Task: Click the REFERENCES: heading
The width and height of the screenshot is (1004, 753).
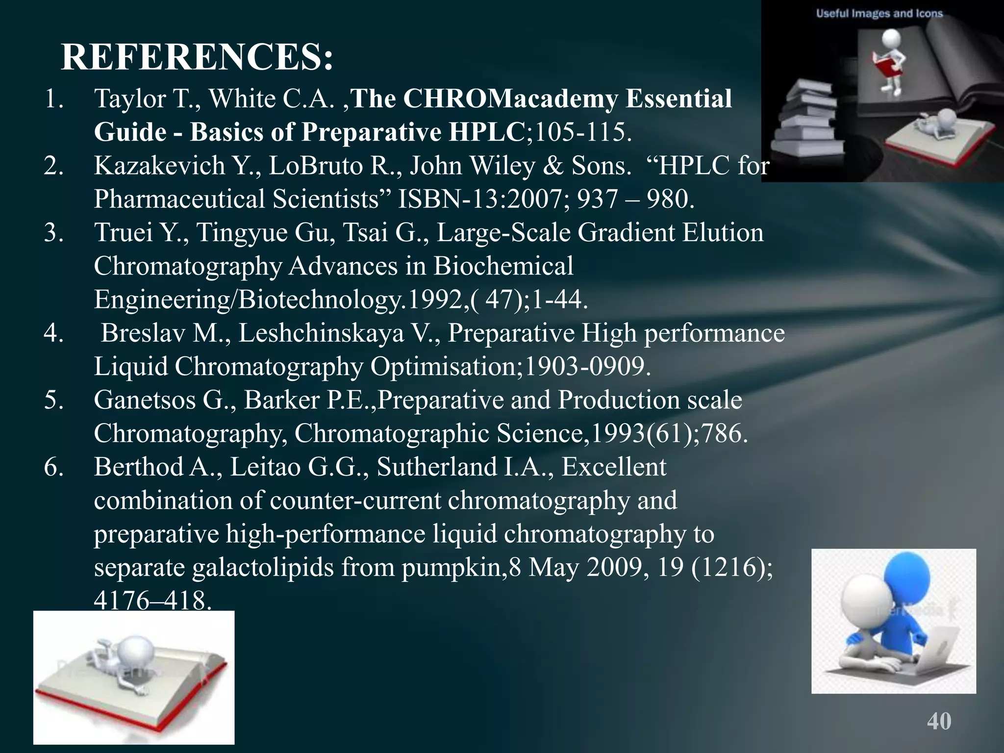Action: click(197, 58)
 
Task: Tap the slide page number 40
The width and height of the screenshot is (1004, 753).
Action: click(939, 721)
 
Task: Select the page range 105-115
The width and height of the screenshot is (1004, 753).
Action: click(580, 132)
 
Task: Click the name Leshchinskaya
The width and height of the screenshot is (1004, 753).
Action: click(322, 333)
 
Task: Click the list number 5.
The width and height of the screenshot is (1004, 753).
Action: click(53, 400)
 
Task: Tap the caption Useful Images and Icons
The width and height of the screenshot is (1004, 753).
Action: click(879, 13)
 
